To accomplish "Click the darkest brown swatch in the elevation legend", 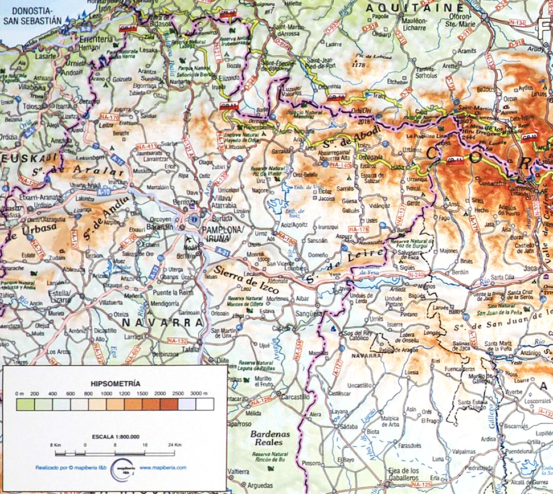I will [x=169, y=404].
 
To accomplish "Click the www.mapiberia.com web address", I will [x=163, y=467].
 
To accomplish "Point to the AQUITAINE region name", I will [x=415, y=7].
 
